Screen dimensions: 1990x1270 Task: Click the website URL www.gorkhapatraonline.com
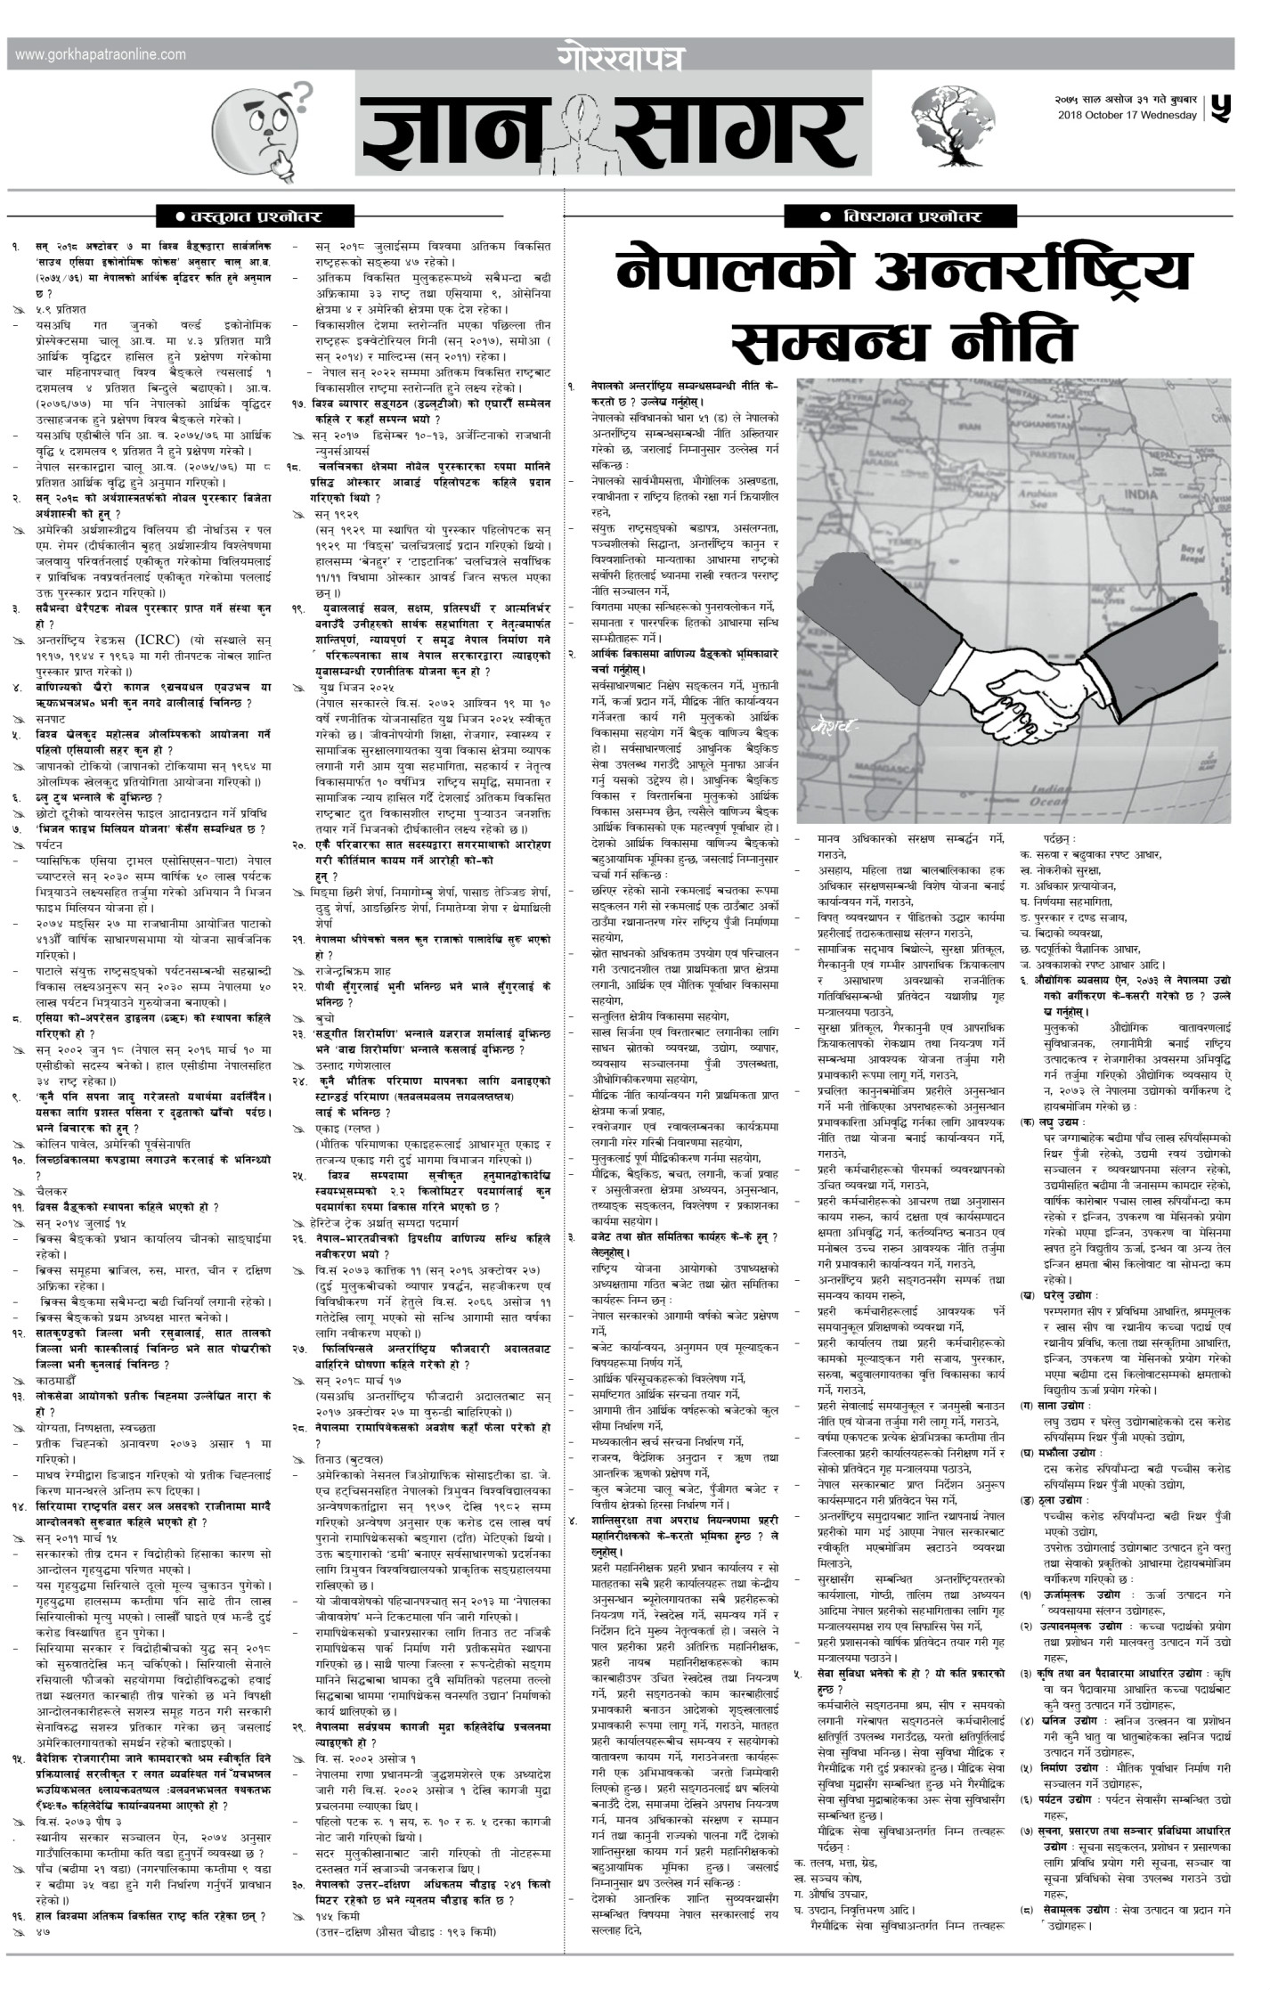click(101, 54)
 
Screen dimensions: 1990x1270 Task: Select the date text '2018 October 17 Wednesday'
click(1128, 116)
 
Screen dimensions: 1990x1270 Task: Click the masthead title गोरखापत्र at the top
click(623, 54)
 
